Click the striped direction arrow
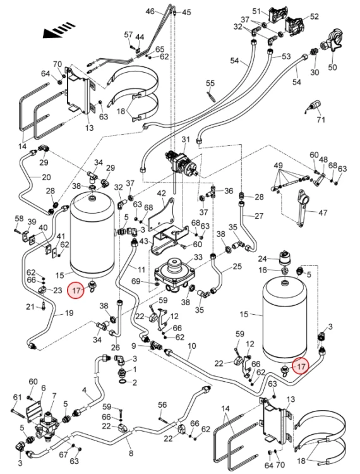[x=59, y=30]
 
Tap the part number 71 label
[x=321, y=119]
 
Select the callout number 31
[x=186, y=140]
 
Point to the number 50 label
[x=332, y=67]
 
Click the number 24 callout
[x=263, y=258]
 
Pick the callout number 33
[x=198, y=257]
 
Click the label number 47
[x=323, y=213]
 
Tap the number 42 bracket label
[x=161, y=193]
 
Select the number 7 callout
[x=54, y=396]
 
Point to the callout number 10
[x=191, y=346]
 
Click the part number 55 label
[x=210, y=83]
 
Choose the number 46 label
[x=150, y=11]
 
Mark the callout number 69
[x=136, y=281]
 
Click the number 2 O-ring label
[x=135, y=382]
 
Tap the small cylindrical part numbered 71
[x=313, y=106]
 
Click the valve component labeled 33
[x=174, y=274]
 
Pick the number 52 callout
[x=314, y=16]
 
